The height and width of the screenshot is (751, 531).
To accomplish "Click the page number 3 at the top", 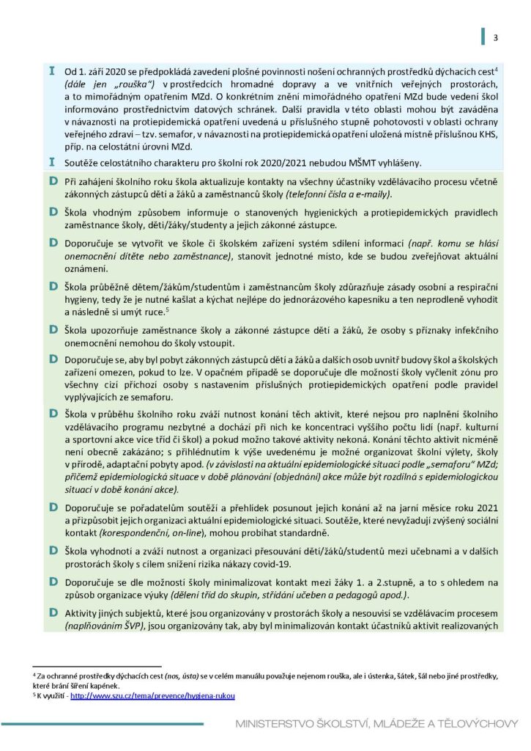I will [496, 38].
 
